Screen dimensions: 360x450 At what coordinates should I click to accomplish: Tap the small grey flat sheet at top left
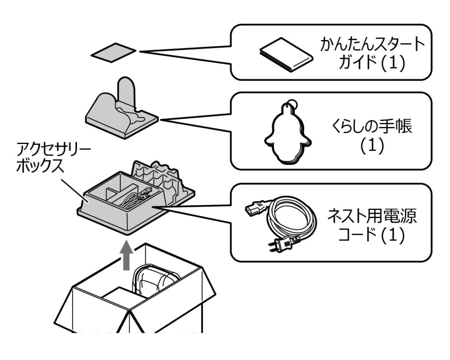pos(113,53)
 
